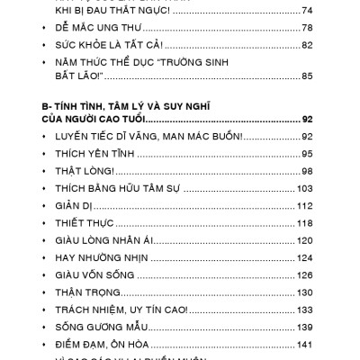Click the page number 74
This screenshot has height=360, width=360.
point(307,10)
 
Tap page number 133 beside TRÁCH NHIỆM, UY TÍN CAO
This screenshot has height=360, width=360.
point(304,310)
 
